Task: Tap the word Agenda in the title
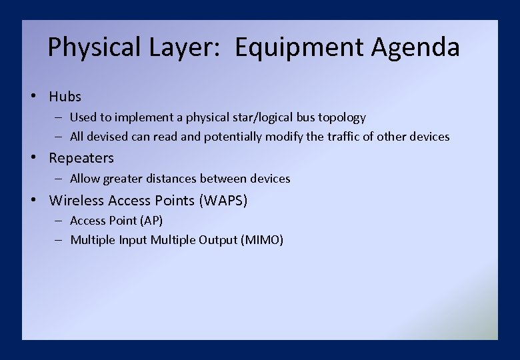tap(415, 47)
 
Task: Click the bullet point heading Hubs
tap(65, 97)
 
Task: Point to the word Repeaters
tap(81, 158)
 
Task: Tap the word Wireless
tap(77, 200)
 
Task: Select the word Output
tap(217, 240)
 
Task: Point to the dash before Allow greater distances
tap(59, 179)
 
